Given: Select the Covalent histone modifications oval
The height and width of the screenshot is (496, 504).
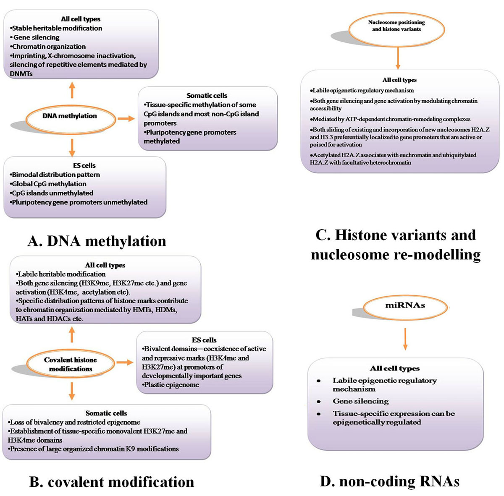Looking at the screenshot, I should (x=71, y=364).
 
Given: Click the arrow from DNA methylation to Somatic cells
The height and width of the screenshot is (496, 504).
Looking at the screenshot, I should (x=126, y=119).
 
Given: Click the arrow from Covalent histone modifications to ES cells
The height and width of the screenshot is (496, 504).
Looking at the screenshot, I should (x=125, y=362).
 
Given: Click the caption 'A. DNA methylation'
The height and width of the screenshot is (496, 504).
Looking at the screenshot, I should (x=97, y=241).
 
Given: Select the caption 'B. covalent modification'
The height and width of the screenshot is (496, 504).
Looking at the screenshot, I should (x=112, y=482).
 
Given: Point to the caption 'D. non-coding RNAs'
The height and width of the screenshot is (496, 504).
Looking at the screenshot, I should (x=389, y=481).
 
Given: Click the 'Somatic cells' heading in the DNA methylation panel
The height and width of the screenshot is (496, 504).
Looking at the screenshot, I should (x=207, y=96).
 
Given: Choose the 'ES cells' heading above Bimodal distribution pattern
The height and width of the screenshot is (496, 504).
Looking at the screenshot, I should (x=84, y=165).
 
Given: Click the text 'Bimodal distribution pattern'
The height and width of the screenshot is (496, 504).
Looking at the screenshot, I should (x=55, y=175).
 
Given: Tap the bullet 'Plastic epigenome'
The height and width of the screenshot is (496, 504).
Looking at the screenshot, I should (x=171, y=384).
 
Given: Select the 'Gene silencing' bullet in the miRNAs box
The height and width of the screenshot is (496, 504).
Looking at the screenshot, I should (x=360, y=401).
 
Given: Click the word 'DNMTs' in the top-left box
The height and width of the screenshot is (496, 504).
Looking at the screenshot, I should (x=21, y=73).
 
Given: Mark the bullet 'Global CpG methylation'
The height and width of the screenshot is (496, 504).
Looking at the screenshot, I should (x=49, y=184).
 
